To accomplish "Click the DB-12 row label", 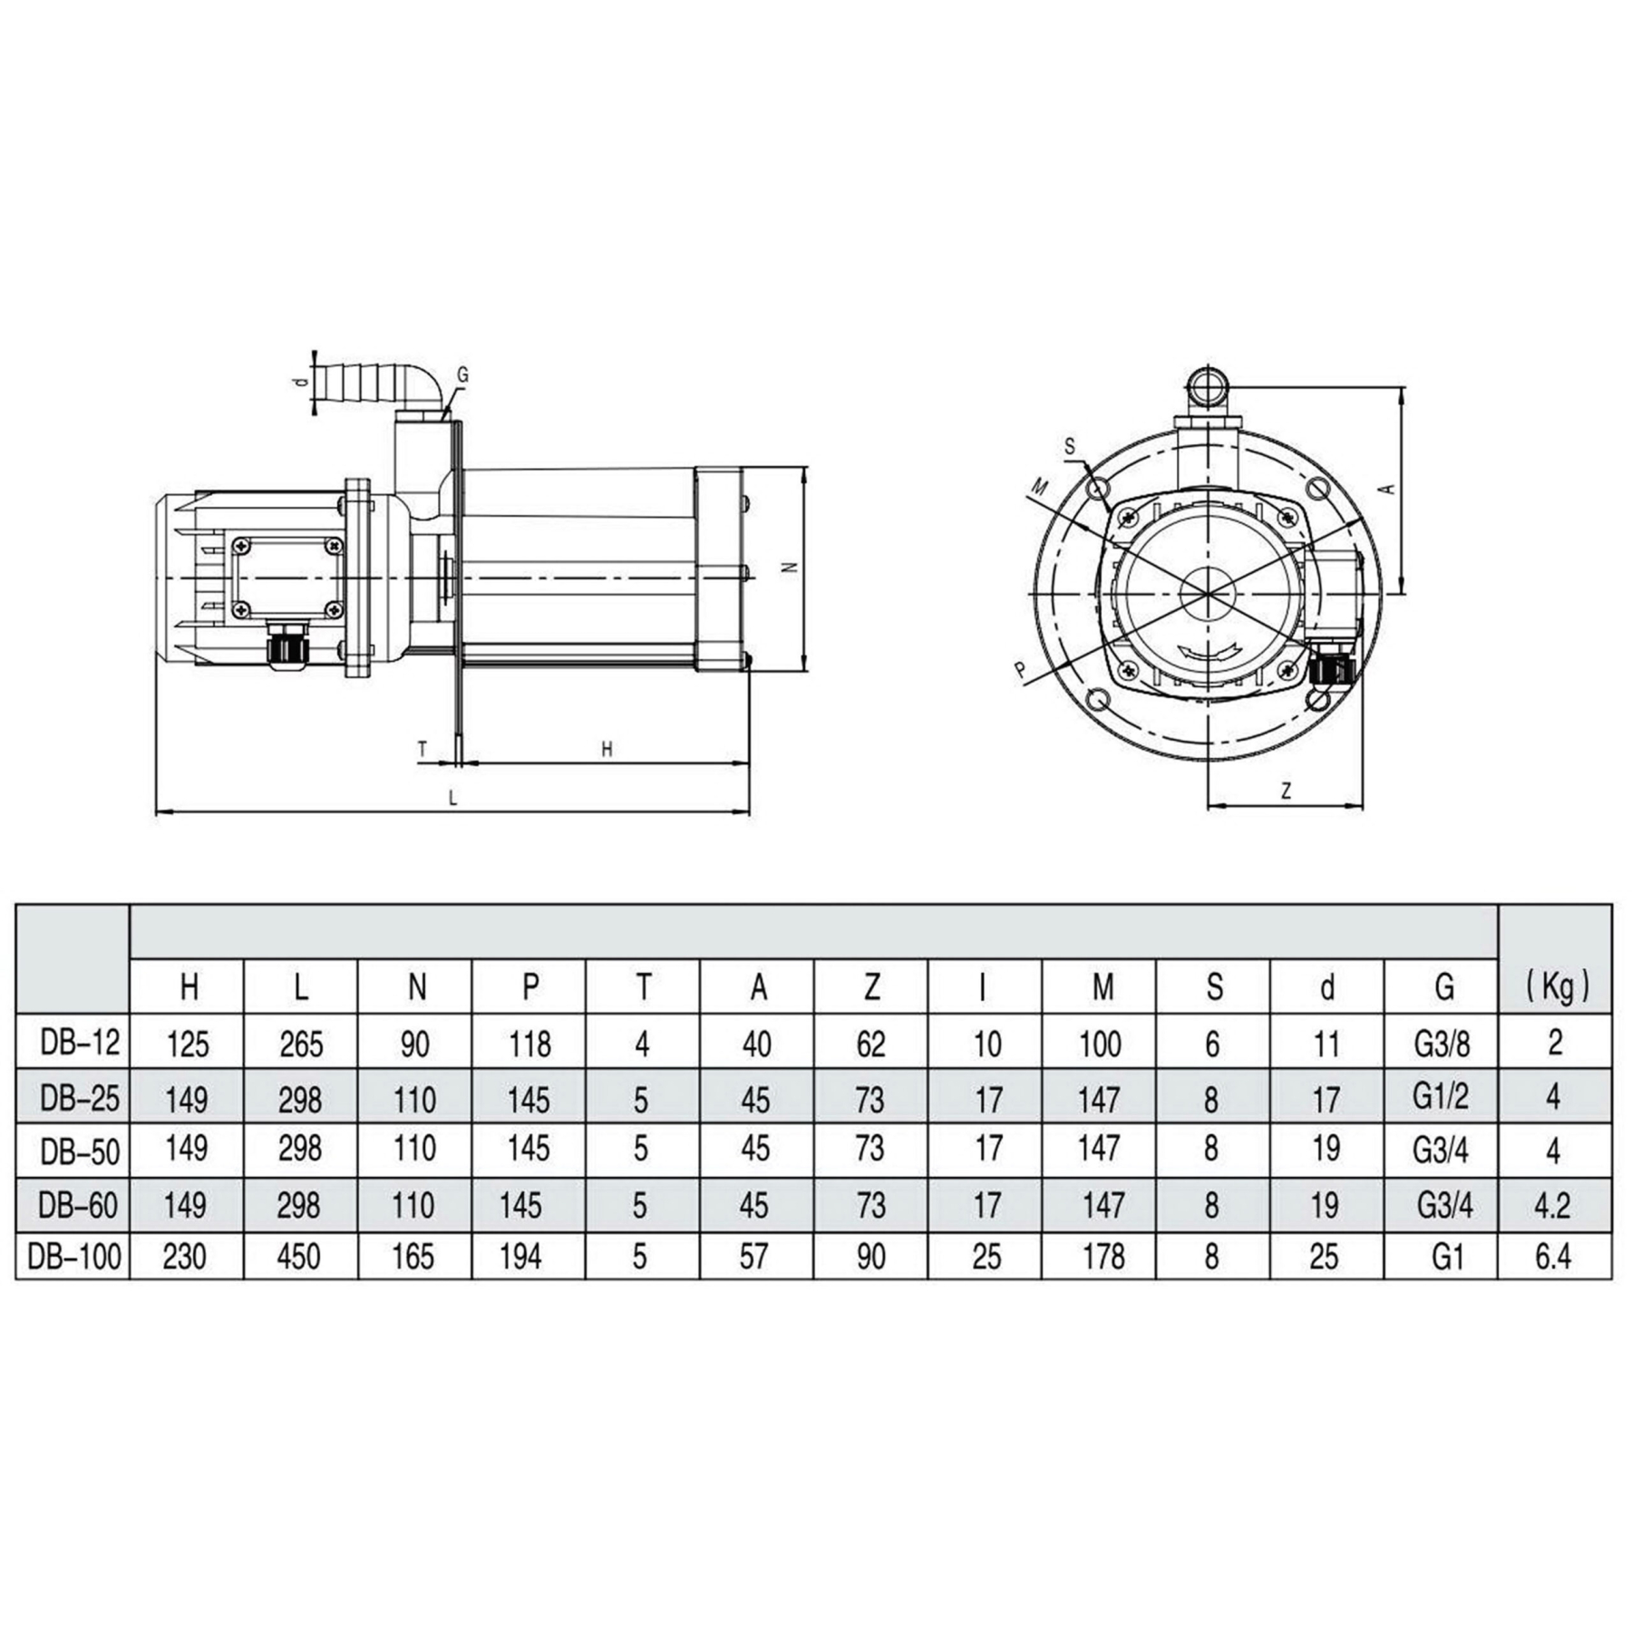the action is click(80, 1043).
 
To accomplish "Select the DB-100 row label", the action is click(74, 1257).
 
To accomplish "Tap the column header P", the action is click(530, 987).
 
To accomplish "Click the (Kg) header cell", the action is click(1557, 987).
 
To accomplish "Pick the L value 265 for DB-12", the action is click(301, 1044).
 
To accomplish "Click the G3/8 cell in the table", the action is click(1442, 1044).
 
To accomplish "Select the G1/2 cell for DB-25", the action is click(1441, 1097).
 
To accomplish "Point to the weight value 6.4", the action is click(1552, 1257).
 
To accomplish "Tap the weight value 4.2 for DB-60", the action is click(1552, 1205).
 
